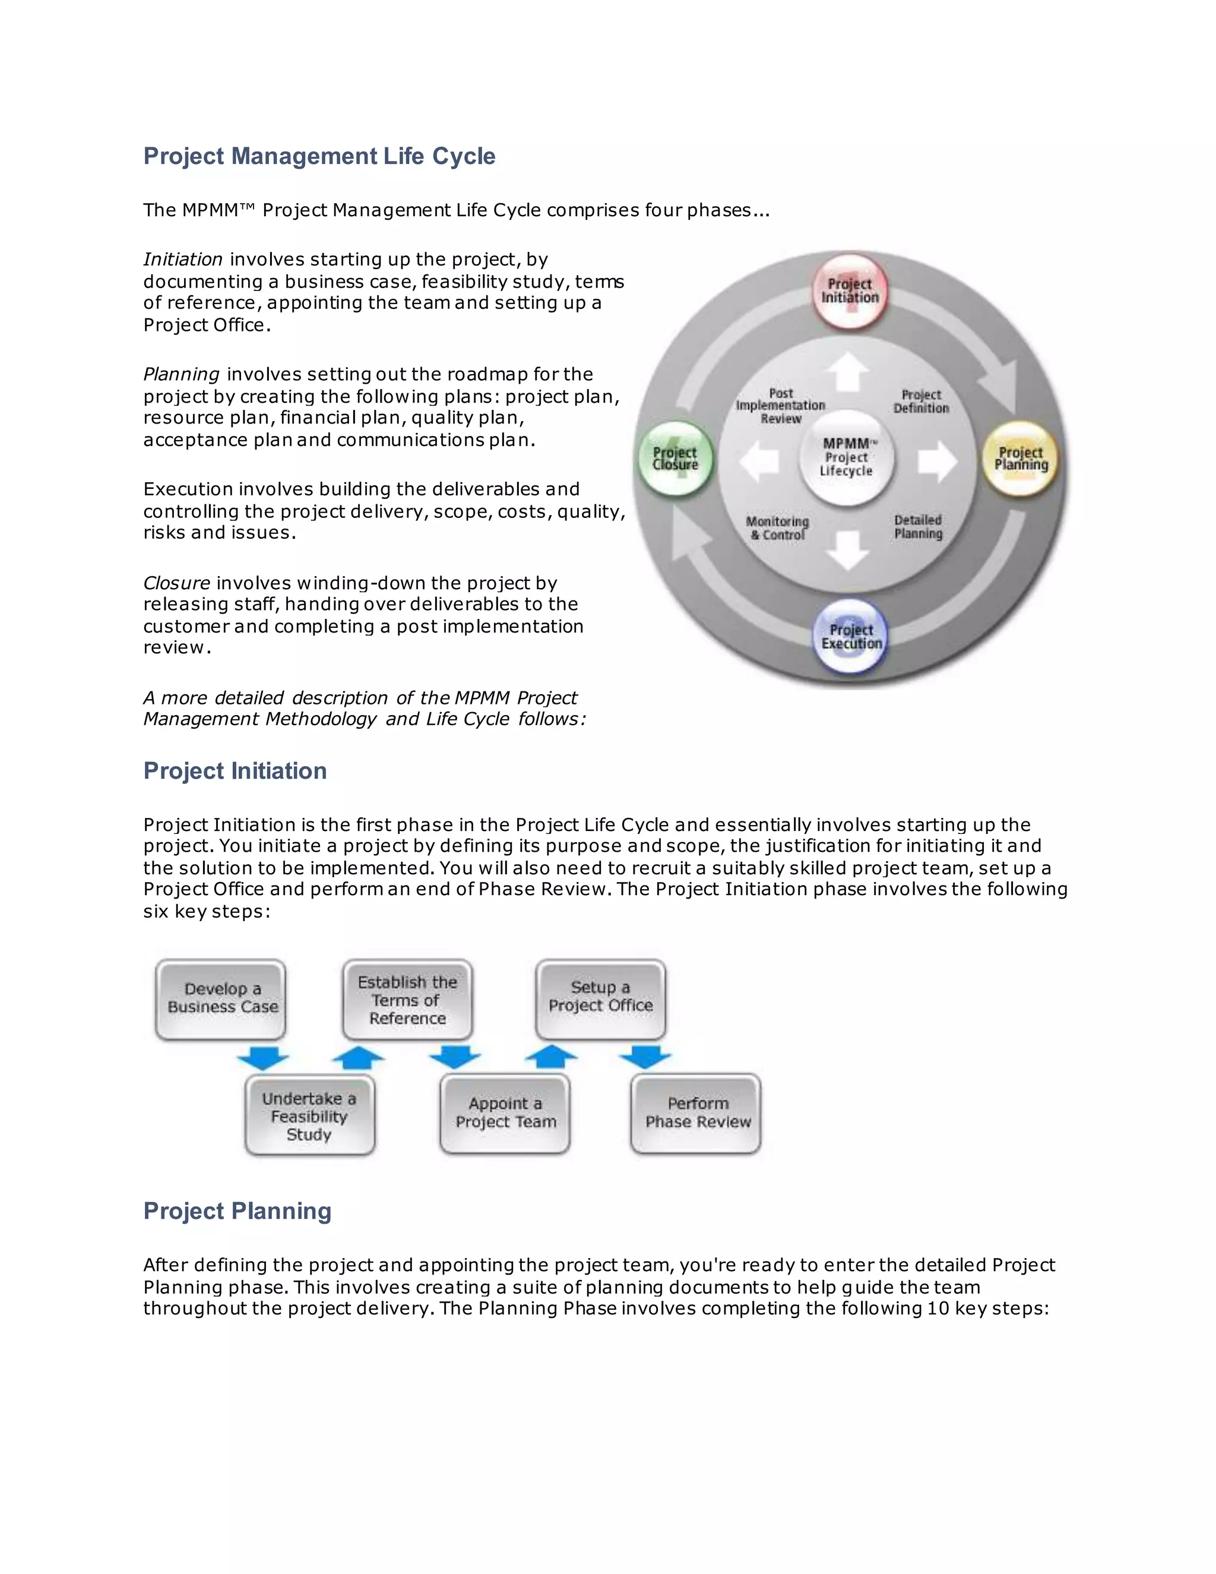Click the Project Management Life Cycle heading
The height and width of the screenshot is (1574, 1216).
tap(319, 156)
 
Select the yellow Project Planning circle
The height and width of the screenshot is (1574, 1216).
tap(1020, 459)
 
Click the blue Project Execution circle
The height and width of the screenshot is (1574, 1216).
tap(851, 636)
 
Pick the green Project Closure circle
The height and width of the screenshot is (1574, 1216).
tap(675, 459)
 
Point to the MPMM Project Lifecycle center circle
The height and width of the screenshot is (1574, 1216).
tap(847, 457)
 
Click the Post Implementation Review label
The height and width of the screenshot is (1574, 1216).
tap(780, 406)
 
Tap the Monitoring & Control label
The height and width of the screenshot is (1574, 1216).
tap(777, 527)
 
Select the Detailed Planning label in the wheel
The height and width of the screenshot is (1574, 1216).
tap(918, 527)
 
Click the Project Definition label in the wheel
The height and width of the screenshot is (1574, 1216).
tap(921, 402)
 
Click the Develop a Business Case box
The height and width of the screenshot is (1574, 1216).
tap(221, 999)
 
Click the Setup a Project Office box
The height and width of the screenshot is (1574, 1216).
tap(600, 997)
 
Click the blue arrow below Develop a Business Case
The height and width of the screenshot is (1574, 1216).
tap(263, 1058)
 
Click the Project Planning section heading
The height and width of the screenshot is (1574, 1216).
tap(237, 1210)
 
